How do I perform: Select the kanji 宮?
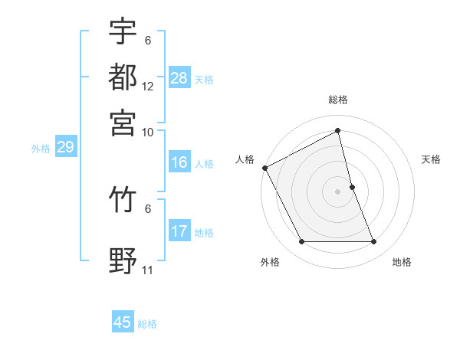pos(123,123)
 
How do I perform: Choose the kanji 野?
pos(123,261)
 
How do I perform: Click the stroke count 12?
pos(148,87)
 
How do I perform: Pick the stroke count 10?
pos(148,133)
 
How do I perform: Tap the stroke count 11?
pos(148,270)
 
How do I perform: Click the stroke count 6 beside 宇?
pos(147,40)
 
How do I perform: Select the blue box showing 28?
pos(179,78)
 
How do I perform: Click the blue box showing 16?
pos(179,162)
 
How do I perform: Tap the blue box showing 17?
pos(179,231)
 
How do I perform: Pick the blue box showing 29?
pos(64,147)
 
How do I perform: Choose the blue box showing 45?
pos(123,322)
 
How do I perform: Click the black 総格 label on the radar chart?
pos(338,100)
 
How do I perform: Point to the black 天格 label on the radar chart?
pos(432,159)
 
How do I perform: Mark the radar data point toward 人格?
pos(264,167)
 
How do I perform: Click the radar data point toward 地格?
pos(374,242)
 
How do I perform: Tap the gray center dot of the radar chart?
pos(338,191)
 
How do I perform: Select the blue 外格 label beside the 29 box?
pos(41,149)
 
